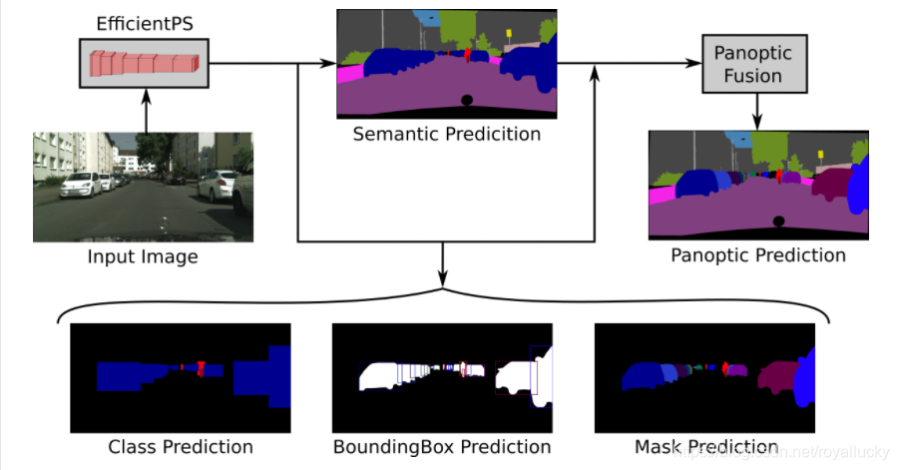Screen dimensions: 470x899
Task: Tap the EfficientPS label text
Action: point(144,22)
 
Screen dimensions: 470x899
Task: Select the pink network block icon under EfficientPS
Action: point(144,63)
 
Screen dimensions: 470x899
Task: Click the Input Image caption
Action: point(143,257)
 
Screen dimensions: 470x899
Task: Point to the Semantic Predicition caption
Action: point(446,134)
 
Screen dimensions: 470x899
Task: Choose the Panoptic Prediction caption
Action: point(758,255)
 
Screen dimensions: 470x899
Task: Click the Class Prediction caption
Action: point(180,446)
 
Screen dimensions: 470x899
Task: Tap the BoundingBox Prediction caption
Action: point(442,446)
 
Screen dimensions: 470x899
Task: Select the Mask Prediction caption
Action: point(706,446)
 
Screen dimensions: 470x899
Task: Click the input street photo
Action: point(143,187)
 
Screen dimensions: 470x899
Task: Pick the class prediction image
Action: point(180,377)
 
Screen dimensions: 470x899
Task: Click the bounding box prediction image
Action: point(442,377)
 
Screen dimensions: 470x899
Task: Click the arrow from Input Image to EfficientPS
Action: point(147,111)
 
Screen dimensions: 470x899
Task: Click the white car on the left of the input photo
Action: point(81,184)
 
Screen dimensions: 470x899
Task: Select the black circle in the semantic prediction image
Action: point(466,100)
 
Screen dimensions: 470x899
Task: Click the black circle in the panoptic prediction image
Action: point(778,221)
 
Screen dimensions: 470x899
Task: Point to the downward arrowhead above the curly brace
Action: point(443,281)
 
